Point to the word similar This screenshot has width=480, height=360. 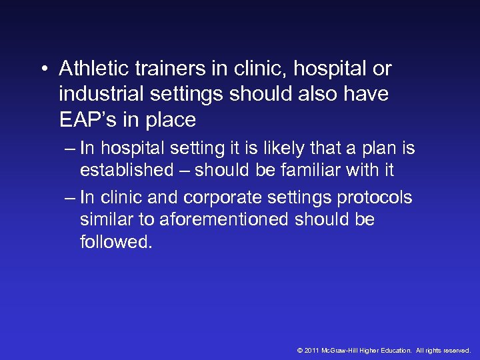[106, 219]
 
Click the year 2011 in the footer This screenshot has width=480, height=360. [311, 350]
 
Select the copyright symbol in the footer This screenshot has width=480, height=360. [299, 350]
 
